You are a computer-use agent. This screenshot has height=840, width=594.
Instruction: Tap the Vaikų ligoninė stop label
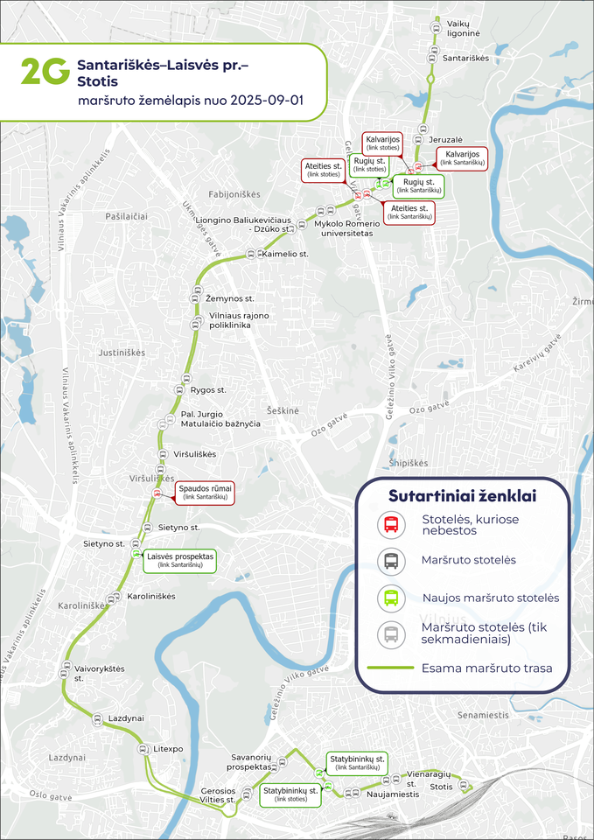pyautogui.click(x=464, y=27)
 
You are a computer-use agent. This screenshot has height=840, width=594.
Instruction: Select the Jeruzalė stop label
pyautogui.click(x=446, y=139)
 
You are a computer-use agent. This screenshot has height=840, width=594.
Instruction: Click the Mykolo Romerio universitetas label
pyautogui.click(x=344, y=228)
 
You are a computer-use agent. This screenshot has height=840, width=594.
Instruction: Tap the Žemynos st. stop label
pyautogui.click(x=230, y=298)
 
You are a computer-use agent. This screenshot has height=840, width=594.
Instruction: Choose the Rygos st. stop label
pyautogui.click(x=208, y=389)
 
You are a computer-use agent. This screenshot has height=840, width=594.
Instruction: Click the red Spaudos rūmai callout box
pyautogui.click(x=205, y=491)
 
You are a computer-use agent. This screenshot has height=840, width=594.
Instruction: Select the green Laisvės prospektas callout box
pyautogui.click(x=180, y=560)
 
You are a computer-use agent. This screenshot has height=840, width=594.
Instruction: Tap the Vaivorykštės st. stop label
pyautogui.click(x=100, y=673)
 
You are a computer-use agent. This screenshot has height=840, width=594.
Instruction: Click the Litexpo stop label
pyautogui.click(x=168, y=750)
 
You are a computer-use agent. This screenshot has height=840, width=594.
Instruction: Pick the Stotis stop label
pyautogui.click(x=442, y=787)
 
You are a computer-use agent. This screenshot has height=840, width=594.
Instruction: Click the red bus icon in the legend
pyautogui.click(x=390, y=525)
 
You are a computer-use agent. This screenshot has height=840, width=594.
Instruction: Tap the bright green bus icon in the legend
pyautogui.click(x=390, y=598)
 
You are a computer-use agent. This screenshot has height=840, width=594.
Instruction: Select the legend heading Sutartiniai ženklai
pyautogui.click(x=462, y=496)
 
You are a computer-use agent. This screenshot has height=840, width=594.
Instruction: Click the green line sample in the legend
pyautogui.click(x=391, y=668)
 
